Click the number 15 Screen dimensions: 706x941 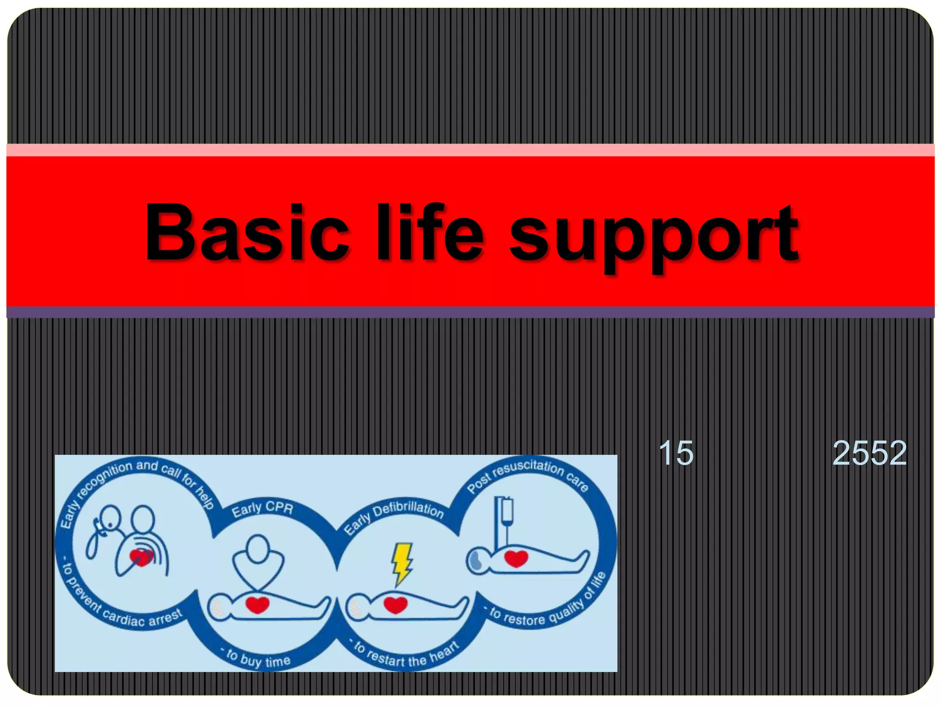coord(676,453)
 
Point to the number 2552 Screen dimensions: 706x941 coord(869,453)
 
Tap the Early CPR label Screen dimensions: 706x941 coord(262,508)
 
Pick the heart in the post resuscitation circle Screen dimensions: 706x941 coord(516,558)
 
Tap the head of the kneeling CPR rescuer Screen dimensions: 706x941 coord(257,548)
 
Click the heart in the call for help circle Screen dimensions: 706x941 coord(141,557)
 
